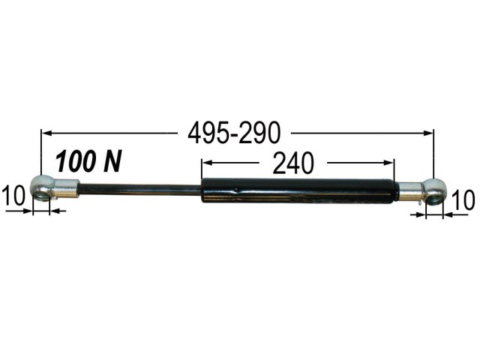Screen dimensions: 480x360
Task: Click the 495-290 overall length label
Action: pyautogui.click(x=234, y=133)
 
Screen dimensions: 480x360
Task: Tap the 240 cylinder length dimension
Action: pyautogui.click(x=293, y=163)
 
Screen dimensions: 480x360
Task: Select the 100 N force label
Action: pyautogui.click(x=88, y=160)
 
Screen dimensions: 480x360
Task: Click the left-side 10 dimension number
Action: pyautogui.click(x=13, y=196)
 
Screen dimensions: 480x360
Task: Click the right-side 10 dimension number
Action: pyautogui.click(x=464, y=200)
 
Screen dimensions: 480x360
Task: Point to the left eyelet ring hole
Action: pyautogui.click(x=41, y=195)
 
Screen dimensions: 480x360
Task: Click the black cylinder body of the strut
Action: pyautogui.click(x=298, y=190)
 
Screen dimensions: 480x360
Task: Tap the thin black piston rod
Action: pyautogui.click(x=140, y=189)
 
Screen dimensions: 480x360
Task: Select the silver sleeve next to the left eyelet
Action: pyautogui.click(x=66, y=189)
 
